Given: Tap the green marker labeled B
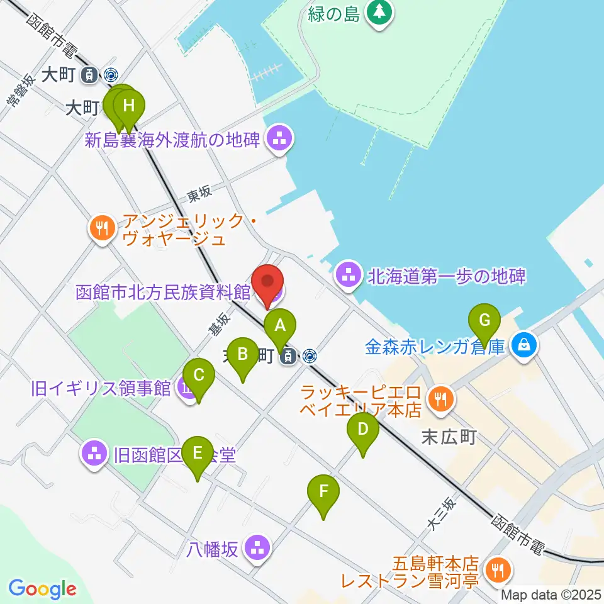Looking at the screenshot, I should (242, 355).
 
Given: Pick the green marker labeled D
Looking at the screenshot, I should (362, 430).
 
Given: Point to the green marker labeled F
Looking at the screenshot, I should (323, 491).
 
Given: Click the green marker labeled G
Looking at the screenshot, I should (484, 321).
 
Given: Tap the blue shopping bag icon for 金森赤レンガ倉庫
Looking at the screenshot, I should (524, 345).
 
